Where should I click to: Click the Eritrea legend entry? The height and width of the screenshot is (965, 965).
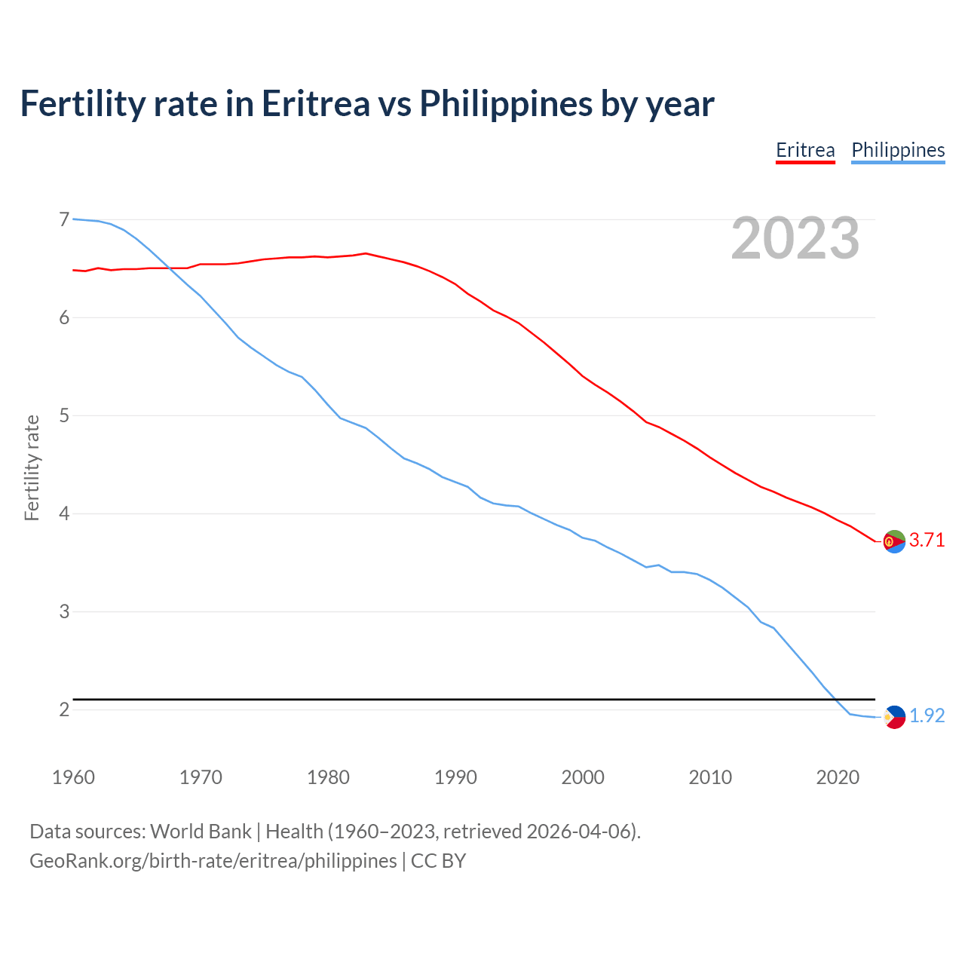pos(805,150)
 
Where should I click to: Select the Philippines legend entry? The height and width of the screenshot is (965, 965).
pos(898,150)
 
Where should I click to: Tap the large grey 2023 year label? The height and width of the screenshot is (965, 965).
pos(795,238)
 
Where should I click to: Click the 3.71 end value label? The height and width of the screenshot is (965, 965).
pos(927,540)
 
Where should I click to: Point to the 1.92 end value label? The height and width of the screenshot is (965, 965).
pos(927,715)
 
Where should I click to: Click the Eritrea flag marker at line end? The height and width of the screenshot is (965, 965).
pos(894,541)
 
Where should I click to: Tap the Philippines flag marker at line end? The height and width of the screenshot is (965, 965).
pos(894,717)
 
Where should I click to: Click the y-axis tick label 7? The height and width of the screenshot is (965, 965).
pos(64,219)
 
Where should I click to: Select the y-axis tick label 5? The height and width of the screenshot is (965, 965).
pos(64,415)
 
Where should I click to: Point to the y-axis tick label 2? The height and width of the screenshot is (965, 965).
pos(64,709)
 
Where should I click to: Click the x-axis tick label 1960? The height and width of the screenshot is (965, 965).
pos(73,777)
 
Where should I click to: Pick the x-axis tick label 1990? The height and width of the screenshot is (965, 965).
pos(455,777)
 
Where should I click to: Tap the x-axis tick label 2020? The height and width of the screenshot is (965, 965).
pos(838,777)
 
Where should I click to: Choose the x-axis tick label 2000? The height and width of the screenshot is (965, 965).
pos(583,777)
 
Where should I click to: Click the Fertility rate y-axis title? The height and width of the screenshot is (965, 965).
pos(32,467)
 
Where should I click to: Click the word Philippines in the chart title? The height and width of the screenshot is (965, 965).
pos(505,103)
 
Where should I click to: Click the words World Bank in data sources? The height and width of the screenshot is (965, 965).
pos(201,831)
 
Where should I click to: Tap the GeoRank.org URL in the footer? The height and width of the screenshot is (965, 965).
pos(213,860)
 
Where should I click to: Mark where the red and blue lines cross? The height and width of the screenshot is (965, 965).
pos(167,268)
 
